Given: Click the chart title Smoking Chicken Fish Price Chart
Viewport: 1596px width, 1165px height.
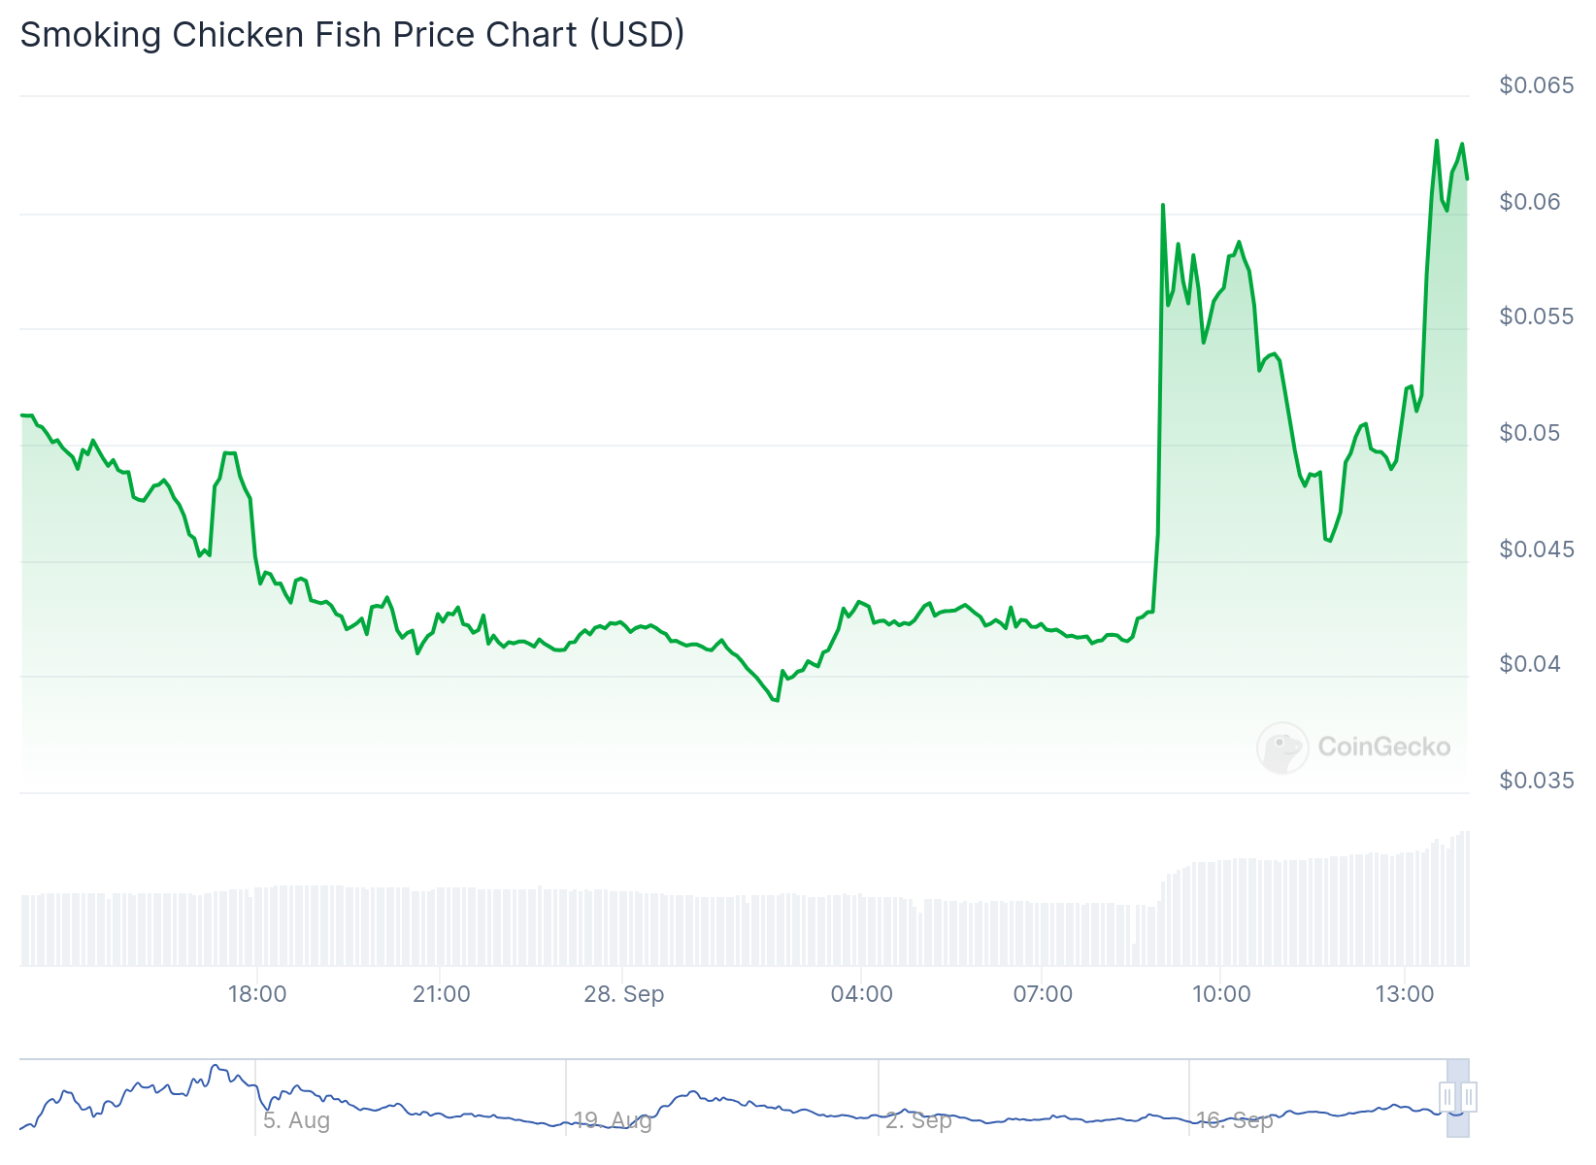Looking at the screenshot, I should (x=351, y=35).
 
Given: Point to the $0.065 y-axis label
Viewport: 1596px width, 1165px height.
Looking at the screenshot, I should (x=1536, y=85).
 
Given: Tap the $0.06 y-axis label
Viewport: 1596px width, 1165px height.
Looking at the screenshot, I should (x=1530, y=201).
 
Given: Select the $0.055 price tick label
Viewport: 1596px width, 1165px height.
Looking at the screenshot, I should (x=1536, y=316).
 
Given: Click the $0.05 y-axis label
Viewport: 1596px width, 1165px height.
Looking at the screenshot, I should (x=1530, y=432).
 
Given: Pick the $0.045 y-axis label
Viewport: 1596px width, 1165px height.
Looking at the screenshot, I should (x=1536, y=549).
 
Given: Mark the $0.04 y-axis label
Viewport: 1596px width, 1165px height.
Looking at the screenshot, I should (x=1530, y=664).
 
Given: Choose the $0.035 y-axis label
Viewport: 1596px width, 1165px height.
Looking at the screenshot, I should (x=1536, y=780).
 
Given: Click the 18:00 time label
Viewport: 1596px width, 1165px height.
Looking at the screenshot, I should (x=257, y=994).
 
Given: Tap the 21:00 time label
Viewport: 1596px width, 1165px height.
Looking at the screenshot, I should (x=442, y=994).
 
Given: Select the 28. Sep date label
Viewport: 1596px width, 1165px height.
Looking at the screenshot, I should (x=624, y=994).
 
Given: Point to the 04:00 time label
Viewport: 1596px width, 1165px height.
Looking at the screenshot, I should (x=862, y=994).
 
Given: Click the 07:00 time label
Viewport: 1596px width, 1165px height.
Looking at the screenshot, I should (x=1043, y=994).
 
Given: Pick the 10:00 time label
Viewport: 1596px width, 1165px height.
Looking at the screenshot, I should (x=1221, y=994).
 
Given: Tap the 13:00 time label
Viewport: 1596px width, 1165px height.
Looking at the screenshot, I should (x=1405, y=994).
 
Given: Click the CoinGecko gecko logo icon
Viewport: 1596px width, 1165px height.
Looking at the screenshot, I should (x=1282, y=747).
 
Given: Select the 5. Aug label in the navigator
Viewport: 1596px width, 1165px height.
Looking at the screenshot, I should (x=296, y=1120).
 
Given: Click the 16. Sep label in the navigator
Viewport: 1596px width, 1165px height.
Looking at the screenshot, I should (x=1234, y=1120).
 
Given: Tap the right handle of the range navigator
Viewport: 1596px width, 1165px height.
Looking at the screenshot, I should (x=1469, y=1097).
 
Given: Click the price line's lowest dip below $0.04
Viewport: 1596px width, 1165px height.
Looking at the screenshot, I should (x=776, y=700).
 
